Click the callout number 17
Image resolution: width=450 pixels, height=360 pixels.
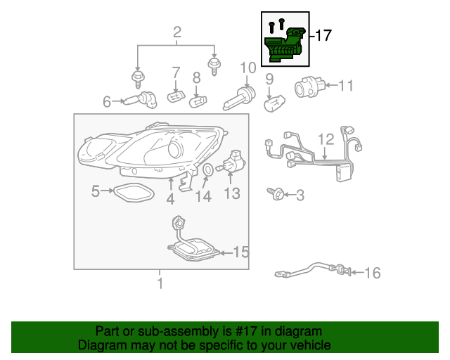pos(323,35)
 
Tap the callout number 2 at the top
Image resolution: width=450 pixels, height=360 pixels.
pos(177,32)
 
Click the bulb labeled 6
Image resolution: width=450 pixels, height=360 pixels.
pos(141,100)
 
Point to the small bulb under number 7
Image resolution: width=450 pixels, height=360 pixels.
pos(176,96)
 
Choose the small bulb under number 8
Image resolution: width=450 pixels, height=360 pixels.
pos(198,101)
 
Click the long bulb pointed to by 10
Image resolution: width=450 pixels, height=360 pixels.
pos(239,98)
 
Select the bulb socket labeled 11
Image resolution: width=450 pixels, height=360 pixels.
pos(310,86)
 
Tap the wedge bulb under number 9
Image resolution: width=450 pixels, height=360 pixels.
pos(274,103)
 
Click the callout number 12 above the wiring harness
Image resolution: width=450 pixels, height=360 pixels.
pos(326,139)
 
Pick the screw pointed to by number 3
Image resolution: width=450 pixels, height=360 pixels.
pos(276,194)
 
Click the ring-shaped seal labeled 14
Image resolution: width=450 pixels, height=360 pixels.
pos(208,169)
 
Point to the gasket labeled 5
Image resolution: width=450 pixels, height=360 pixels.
pos(134,193)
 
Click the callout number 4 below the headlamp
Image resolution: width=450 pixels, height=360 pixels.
pos(170,199)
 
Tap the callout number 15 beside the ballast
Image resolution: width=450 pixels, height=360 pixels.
pos(241,252)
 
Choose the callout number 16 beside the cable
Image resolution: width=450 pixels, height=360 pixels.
pos(373,273)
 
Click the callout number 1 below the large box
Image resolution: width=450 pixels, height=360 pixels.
pos(160,283)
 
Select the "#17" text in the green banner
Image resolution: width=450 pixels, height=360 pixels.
pos(246,331)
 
